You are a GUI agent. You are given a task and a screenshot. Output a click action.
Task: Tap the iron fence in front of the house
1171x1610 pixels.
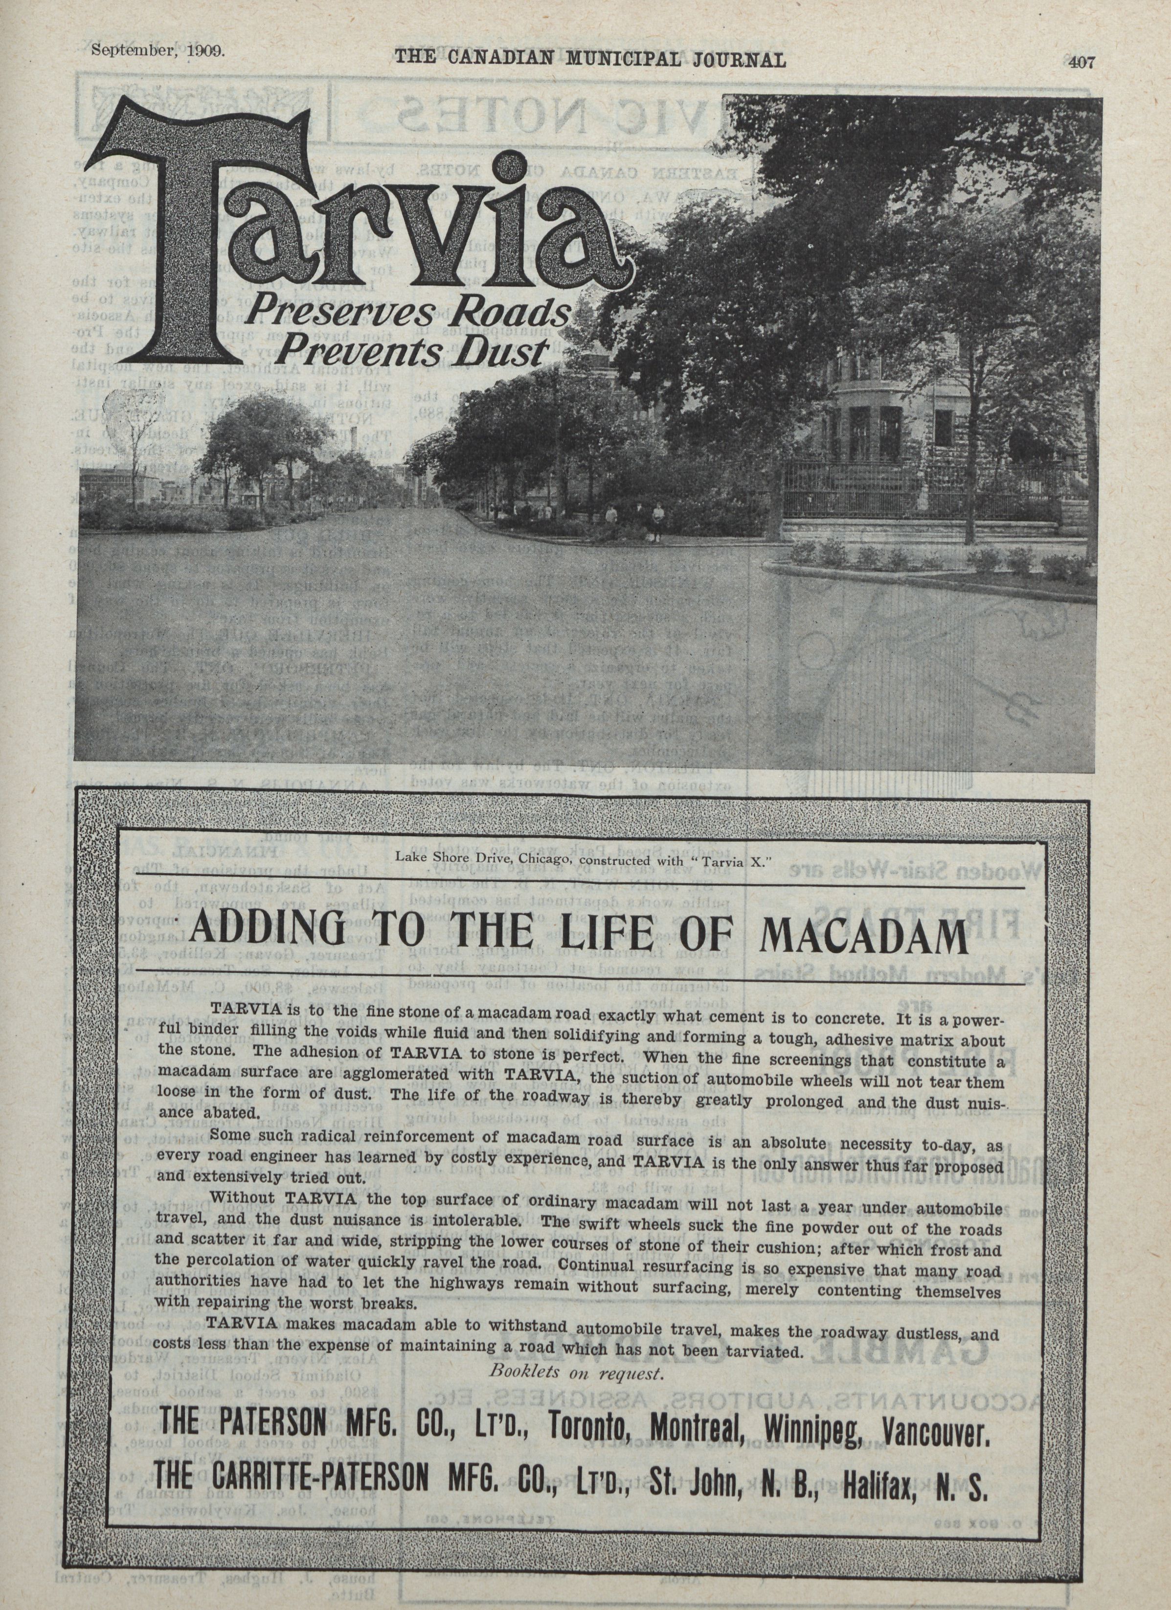click(923, 490)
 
